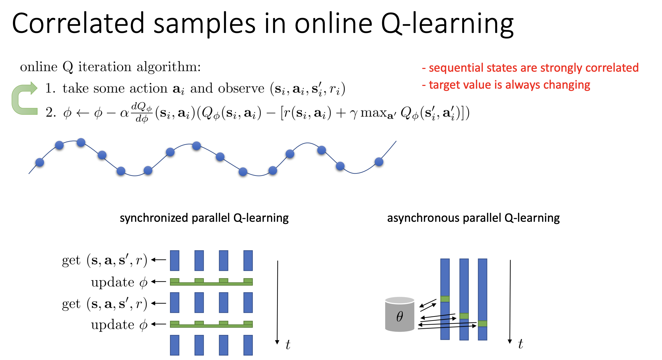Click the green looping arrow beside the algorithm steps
pyautogui.click(x=25, y=98)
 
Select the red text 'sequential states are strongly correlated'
pyautogui.click(x=530, y=68)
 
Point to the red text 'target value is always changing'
pyautogui.click(x=506, y=85)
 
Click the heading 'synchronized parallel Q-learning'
pyautogui.click(x=204, y=218)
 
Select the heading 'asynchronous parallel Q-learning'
pyautogui.click(x=473, y=218)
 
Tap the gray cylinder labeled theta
pyautogui.click(x=400, y=314)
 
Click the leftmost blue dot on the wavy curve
pyautogui.click(x=40, y=162)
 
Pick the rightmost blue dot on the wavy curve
pyautogui.click(x=379, y=162)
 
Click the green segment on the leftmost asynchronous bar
pyautogui.click(x=445, y=299)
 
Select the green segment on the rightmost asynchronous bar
pyautogui.click(x=483, y=324)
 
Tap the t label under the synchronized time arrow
pyautogui.click(x=288, y=345)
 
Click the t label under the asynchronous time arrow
pyautogui.click(x=521, y=344)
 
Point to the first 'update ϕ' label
pyautogui.click(x=119, y=282)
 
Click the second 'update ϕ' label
pyautogui.click(x=119, y=325)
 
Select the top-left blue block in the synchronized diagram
pyautogui.click(x=175, y=261)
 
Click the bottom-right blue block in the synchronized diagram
pyautogui.click(x=248, y=345)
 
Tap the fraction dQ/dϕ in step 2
pyautogui.click(x=142, y=113)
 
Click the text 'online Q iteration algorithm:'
pyautogui.click(x=111, y=67)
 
